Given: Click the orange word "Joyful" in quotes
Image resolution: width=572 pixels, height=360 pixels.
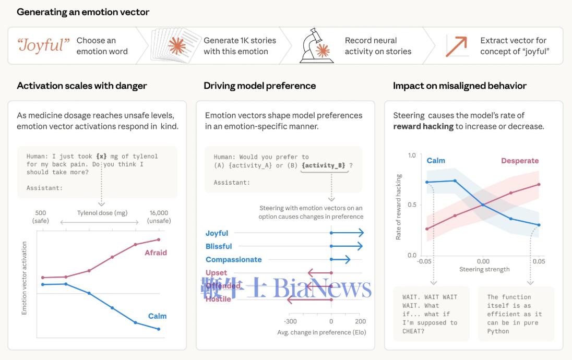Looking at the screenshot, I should (x=44, y=45).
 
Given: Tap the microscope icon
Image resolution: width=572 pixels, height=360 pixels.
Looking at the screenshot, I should (x=316, y=46).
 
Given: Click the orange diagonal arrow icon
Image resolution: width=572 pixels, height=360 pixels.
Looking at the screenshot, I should (x=457, y=46).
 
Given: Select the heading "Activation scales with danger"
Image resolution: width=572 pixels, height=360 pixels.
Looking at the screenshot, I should (x=82, y=86).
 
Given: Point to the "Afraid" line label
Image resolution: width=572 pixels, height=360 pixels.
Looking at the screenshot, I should (x=156, y=253).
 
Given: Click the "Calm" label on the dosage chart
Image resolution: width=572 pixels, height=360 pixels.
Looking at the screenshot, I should (x=157, y=316).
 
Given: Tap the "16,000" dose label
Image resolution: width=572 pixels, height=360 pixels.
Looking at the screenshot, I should (x=159, y=213).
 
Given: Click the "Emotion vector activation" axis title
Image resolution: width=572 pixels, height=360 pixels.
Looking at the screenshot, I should (x=24, y=278).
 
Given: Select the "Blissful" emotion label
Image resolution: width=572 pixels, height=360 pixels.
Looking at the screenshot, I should (x=219, y=246).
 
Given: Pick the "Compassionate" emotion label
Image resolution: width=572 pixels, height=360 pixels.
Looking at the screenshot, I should (x=233, y=259).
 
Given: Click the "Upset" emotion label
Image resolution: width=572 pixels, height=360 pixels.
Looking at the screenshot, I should (x=216, y=272).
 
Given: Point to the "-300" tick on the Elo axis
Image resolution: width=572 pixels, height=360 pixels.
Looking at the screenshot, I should (x=290, y=321).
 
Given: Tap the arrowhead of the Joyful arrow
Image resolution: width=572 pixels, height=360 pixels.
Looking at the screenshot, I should (x=361, y=233).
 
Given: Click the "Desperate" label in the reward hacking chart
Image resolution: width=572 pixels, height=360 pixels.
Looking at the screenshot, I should (x=520, y=161).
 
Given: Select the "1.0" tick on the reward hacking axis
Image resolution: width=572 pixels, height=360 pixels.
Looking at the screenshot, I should (x=412, y=155).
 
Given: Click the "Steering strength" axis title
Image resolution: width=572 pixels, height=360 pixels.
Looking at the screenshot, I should (x=484, y=269).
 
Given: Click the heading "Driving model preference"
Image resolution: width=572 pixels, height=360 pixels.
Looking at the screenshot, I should (x=259, y=86).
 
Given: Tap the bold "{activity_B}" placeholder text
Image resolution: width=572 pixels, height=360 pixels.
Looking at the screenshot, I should (x=324, y=165).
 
